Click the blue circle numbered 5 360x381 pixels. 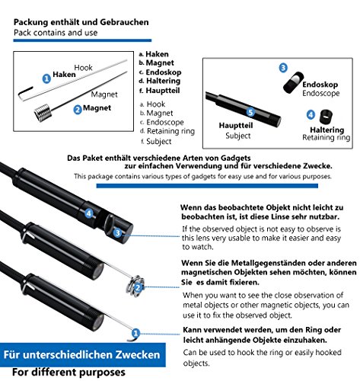pos(250,112)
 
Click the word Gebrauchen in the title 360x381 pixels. pos(124,22)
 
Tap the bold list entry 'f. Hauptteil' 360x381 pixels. pos(160,91)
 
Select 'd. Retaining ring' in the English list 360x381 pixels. pos(167,131)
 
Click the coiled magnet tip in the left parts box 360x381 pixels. pos(43,113)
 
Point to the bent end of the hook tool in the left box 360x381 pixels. pos(25,93)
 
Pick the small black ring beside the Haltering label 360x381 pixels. pos(326,117)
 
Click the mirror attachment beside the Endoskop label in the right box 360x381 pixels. pos(294,82)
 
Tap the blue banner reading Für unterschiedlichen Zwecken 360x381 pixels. pos(83,354)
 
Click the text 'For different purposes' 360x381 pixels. pos(68,372)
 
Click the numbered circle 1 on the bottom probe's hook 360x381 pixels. pos(135,333)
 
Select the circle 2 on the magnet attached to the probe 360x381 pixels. pos(138,287)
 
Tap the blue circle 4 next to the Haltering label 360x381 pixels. pos(311,114)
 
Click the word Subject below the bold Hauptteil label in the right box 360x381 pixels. pos(238,136)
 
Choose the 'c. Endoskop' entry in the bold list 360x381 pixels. pos(161,72)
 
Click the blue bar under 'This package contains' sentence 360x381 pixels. pos(207,186)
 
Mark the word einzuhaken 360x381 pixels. pos(305,340)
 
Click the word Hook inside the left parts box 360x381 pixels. pos(83,68)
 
